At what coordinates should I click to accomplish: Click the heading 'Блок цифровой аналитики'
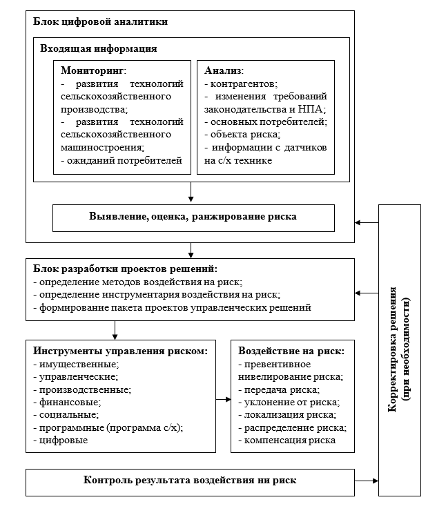point(101,21)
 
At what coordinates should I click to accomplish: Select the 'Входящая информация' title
point(99,49)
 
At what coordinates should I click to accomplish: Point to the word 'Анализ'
point(224,71)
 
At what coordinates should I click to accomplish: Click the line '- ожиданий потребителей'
point(121,161)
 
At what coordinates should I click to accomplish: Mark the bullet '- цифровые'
point(60,440)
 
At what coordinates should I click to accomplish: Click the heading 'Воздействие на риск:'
point(291,351)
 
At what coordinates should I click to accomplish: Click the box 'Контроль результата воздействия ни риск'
point(190,480)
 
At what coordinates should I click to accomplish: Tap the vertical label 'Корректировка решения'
point(391,351)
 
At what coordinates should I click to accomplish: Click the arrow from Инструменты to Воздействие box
point(221,399)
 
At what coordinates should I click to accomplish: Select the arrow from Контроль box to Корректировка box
point(366,480)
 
